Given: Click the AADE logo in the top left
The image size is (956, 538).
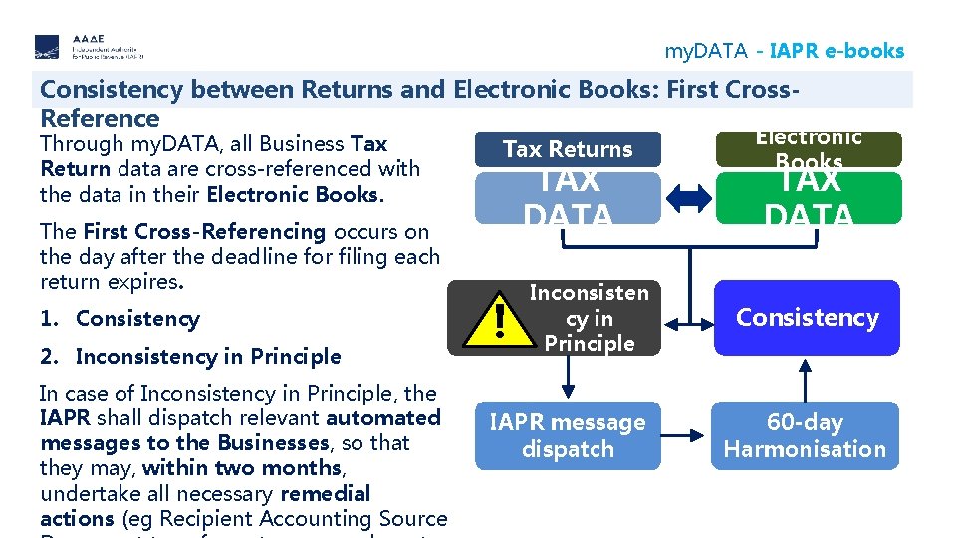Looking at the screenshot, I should (89, 47).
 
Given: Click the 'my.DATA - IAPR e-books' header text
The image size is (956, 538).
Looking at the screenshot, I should (784, 51).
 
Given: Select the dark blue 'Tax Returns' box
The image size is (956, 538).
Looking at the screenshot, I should (568, 149).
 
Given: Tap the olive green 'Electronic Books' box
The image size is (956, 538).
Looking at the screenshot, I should (808, 149).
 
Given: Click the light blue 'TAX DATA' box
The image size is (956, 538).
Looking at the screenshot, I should (568, 198).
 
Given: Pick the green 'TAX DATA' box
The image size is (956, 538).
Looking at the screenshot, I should (808, 198).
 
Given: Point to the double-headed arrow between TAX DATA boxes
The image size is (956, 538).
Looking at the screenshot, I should (688, 199).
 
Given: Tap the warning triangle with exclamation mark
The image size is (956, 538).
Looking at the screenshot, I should (498, 319).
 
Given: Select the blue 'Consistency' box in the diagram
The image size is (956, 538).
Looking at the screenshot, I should (807, 318).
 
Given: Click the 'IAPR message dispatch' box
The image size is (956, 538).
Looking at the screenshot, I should (568, 435).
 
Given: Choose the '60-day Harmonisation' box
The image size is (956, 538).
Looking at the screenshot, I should (805, 435).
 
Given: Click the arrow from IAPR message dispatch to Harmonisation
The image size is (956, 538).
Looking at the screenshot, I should (687, 435).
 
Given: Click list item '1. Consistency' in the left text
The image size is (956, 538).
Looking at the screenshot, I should (119, 319).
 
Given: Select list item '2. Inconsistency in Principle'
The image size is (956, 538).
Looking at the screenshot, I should (190, 356).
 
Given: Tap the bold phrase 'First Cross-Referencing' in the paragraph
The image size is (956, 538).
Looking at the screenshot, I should (204, 232).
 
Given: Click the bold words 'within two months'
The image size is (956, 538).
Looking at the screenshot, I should (242, 468).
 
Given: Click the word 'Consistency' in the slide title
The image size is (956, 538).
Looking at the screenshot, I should (112, 90).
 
